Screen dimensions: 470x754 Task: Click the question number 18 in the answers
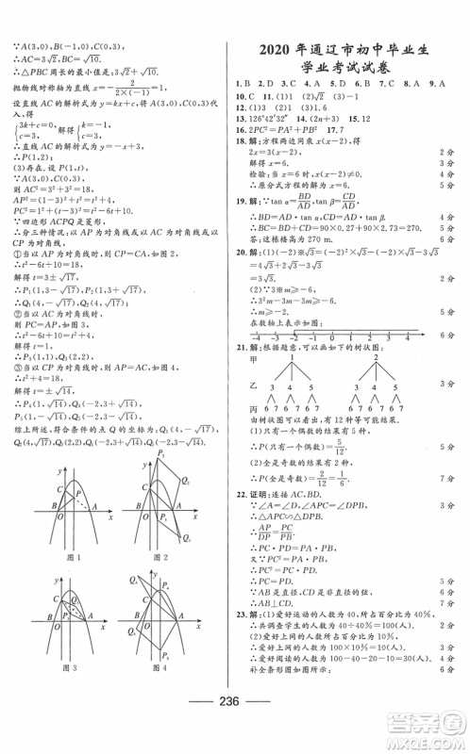pos(241,138)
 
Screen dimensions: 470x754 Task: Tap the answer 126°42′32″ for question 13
pos(269,119)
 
